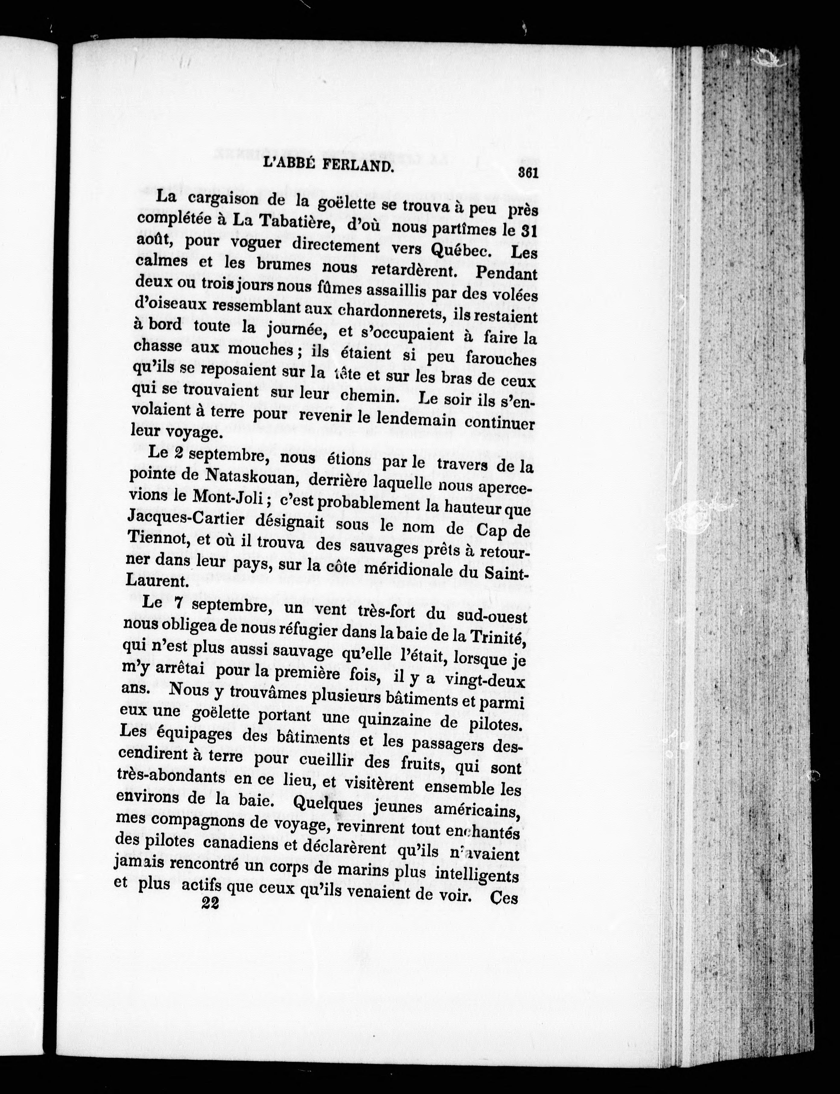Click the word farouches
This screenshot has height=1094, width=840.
tap(501, 358)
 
